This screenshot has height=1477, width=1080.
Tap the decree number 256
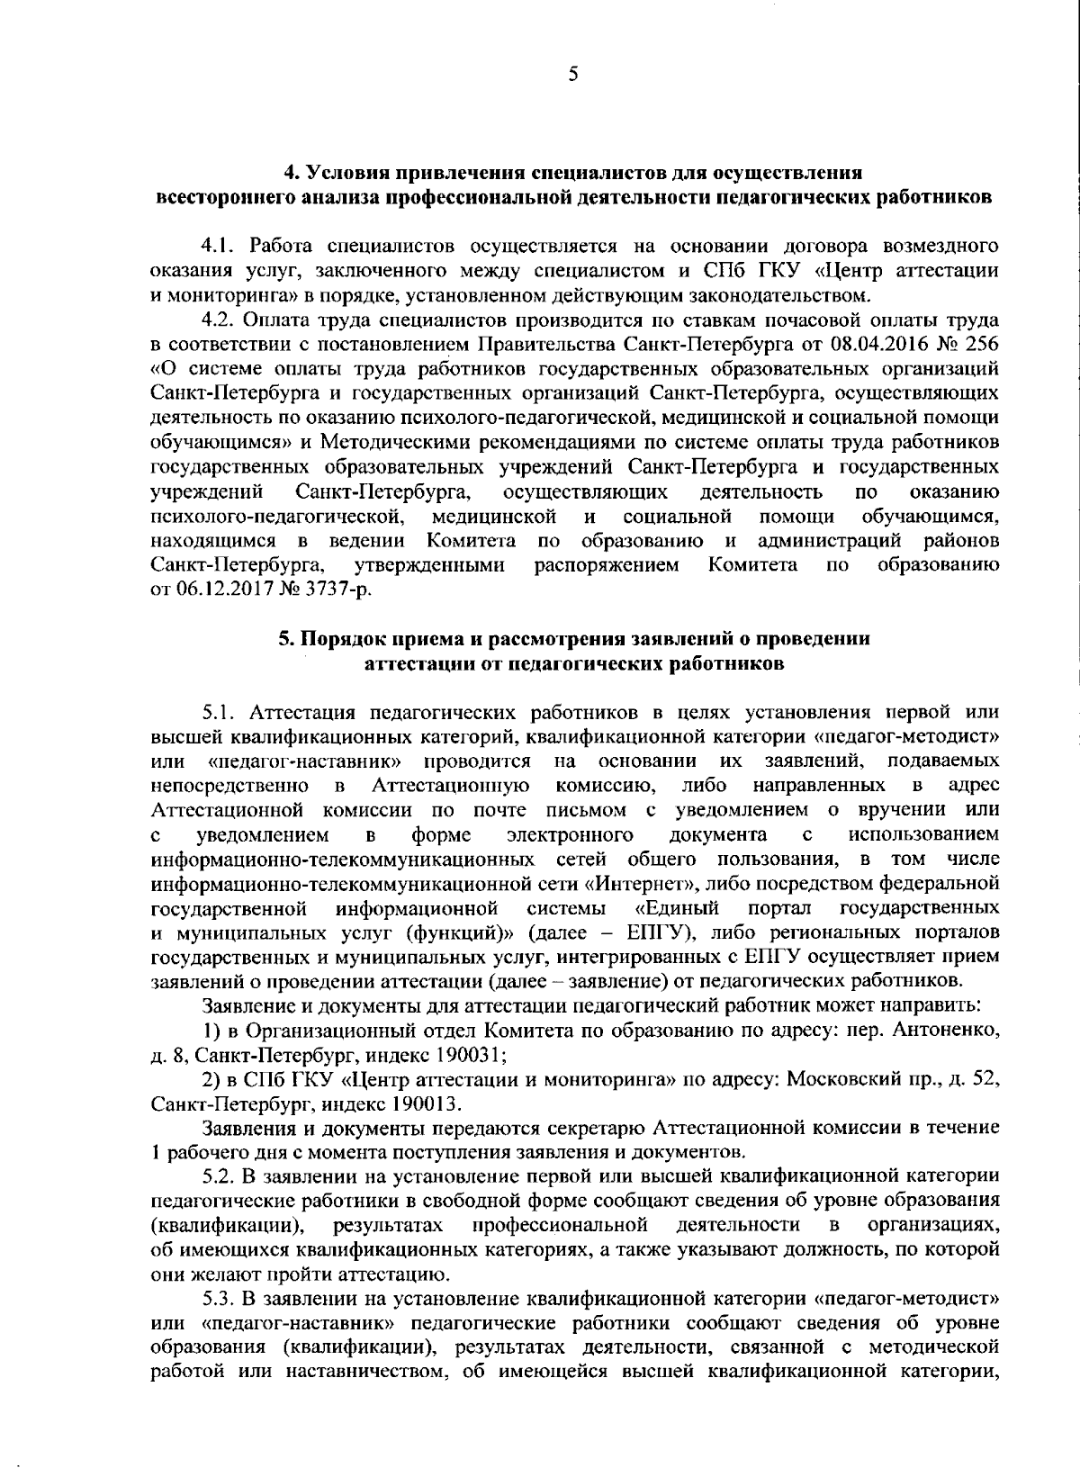982,344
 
